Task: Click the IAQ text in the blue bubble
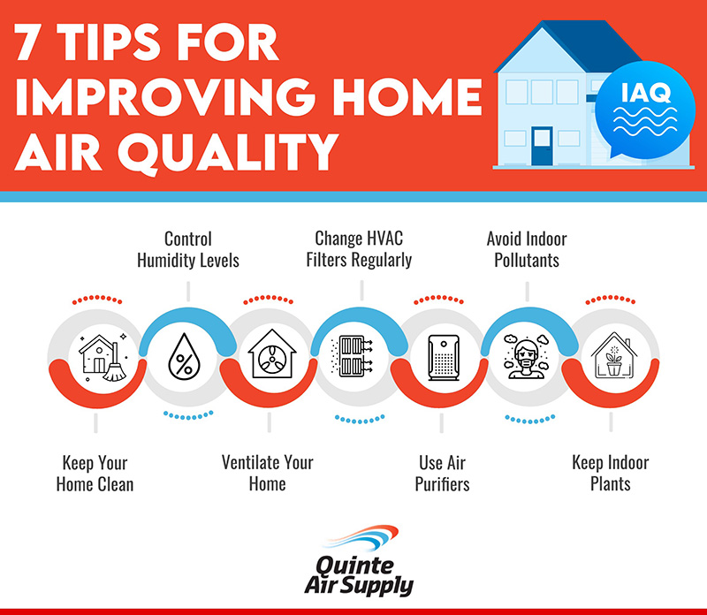(x=646, y=93)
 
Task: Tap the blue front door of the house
(x=542, y=146)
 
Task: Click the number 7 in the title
(x=32, y=42)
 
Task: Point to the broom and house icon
(x=103, y=358)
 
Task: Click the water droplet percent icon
(x=184, y=356)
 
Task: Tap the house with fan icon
(x=272, y=354)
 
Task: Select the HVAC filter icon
(x=352, y=356)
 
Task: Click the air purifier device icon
(x=444, y=358)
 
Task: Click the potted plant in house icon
(x=613, y=355)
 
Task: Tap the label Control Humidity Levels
(x=188, y=249)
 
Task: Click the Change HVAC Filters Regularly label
(x=359, y=249)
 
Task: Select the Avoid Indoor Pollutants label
(x=527, y=249)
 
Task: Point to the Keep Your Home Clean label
(x=95, y=474)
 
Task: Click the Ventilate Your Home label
(x=268, y=473)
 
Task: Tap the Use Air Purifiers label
(x=442, y=474)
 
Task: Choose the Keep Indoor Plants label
(x=611, y=473)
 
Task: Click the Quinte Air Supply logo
(x=359, y=561)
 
